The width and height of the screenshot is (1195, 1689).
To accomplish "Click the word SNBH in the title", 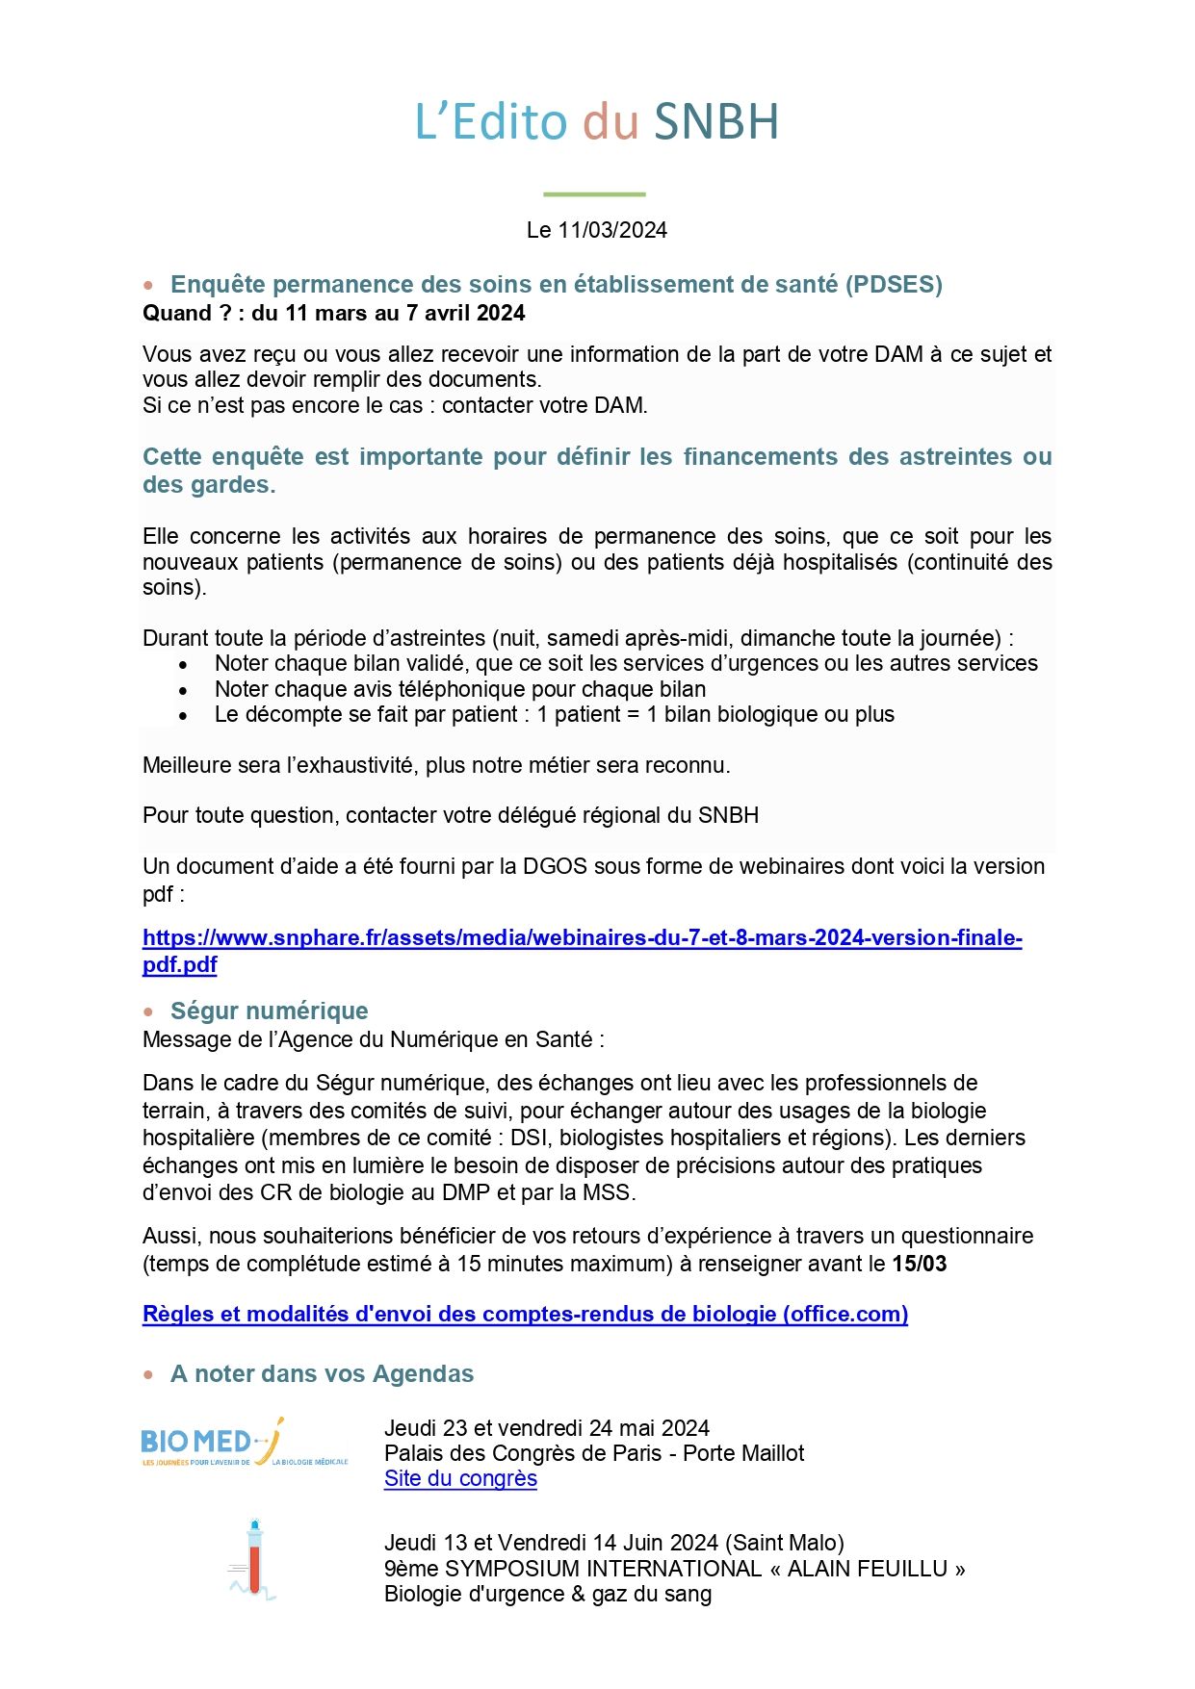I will pos(715,122).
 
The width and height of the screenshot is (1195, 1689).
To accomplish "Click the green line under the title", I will pos(594,194).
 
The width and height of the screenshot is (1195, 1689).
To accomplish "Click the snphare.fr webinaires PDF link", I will pos(582,938).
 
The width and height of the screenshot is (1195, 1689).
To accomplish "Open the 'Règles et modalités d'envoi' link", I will pos(525,1315).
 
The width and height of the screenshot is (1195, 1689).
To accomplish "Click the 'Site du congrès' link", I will pos(460,1479).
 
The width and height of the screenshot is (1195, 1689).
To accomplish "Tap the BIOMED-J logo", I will pos(245,1444).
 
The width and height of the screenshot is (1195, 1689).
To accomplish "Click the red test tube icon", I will pos(254,1559).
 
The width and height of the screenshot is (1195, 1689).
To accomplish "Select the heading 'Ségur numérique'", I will pos(269,1011).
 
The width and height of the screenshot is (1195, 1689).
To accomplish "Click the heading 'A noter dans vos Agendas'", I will pos(322,1374).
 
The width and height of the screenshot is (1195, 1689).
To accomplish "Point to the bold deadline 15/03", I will pos(919,1265).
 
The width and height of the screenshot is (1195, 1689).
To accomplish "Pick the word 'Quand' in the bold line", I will pos(176,314).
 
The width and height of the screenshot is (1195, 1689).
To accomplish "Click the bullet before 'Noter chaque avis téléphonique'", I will pos(183,690).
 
